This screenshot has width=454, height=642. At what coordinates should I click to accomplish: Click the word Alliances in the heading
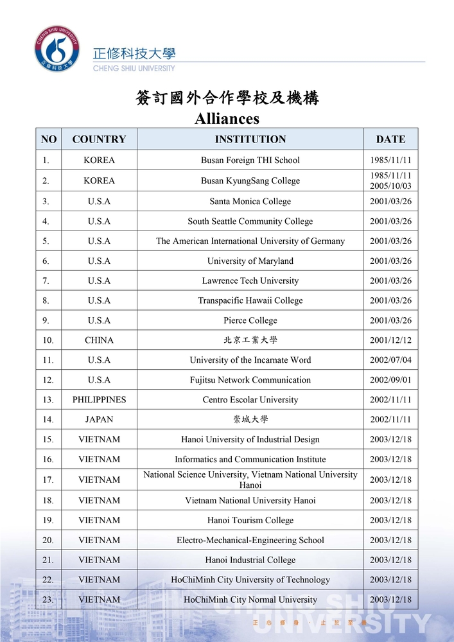tap(227, 119)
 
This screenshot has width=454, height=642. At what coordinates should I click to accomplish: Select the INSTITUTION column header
tap(250, 139)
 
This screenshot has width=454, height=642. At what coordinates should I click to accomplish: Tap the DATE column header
tap(390, 139)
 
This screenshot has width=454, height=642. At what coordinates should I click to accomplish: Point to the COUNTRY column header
tap(99, 139)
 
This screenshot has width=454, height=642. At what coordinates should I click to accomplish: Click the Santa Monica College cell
tap(250, 201)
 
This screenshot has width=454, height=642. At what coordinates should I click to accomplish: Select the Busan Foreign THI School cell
tap(250, 160)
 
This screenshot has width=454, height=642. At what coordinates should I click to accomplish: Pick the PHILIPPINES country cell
tap(99, 399)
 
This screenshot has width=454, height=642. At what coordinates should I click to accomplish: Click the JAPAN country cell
tap(99, 419)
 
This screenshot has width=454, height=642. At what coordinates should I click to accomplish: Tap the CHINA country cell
tap(99, 340)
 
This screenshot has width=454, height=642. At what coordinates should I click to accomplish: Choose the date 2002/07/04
tap(390, 360)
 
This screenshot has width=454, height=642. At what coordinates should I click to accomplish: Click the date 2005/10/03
tap(390, 186)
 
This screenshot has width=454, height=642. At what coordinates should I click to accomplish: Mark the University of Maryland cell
tap(250, 261)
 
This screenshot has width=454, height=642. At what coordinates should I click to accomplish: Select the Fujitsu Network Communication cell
tap(250, 379)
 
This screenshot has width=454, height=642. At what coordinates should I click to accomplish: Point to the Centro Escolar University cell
tap(250, 399)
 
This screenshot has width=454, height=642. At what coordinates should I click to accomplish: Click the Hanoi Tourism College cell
tap(250, 520)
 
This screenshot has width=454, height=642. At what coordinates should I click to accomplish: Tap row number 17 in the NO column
tap(48, 480)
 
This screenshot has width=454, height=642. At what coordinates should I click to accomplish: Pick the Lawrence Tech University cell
tap(250, 281)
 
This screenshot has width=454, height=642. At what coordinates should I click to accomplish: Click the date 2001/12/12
tap(390, 340)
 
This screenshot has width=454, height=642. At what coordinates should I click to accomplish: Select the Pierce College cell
tap(250, 320)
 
